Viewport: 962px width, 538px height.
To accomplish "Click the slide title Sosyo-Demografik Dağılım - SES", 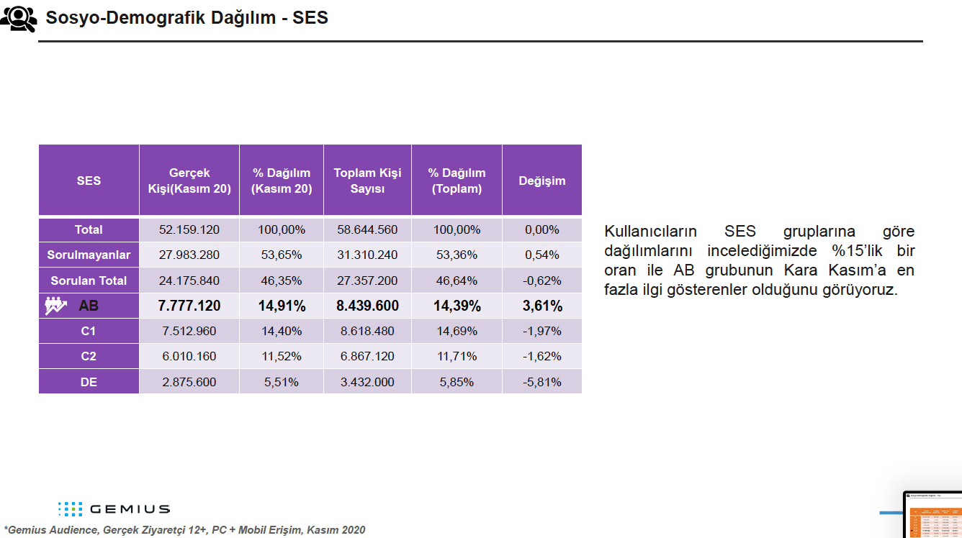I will tap(186, 18).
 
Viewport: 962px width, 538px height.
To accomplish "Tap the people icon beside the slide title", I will tap(18, 18).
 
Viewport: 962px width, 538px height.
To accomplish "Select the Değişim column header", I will tap(541, 181).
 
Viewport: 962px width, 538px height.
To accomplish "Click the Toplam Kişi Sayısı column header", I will tap(367, 181).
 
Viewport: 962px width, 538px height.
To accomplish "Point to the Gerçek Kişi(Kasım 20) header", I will tap(189, 181).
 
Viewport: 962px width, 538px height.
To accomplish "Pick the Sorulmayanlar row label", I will tap(89, 255).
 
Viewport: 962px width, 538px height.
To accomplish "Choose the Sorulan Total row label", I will tap(89, 281).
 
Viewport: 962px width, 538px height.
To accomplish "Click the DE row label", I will tap(89, 382).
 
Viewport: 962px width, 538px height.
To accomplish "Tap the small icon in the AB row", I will tap(55, 306).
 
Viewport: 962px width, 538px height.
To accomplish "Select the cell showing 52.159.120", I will tap(189, 229).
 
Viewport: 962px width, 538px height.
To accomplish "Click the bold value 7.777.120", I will tap(189, 306).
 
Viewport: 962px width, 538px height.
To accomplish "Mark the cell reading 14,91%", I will tap(282, 306).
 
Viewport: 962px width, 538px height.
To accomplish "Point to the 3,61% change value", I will tap(541, 306).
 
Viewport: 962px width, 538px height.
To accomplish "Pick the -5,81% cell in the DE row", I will tap(541, 382).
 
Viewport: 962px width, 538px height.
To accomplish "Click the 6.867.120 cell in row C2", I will tap(367, 357).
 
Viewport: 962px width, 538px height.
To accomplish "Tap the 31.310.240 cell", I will tap(367, 255).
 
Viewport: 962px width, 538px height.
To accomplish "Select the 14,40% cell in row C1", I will tap(282, 331).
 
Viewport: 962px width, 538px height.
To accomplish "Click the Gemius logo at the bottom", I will tap(114, 509).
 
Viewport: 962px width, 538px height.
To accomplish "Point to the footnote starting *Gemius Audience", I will tap(184, 530).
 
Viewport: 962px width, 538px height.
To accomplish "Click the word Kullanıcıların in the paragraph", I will tap(650, 232).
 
